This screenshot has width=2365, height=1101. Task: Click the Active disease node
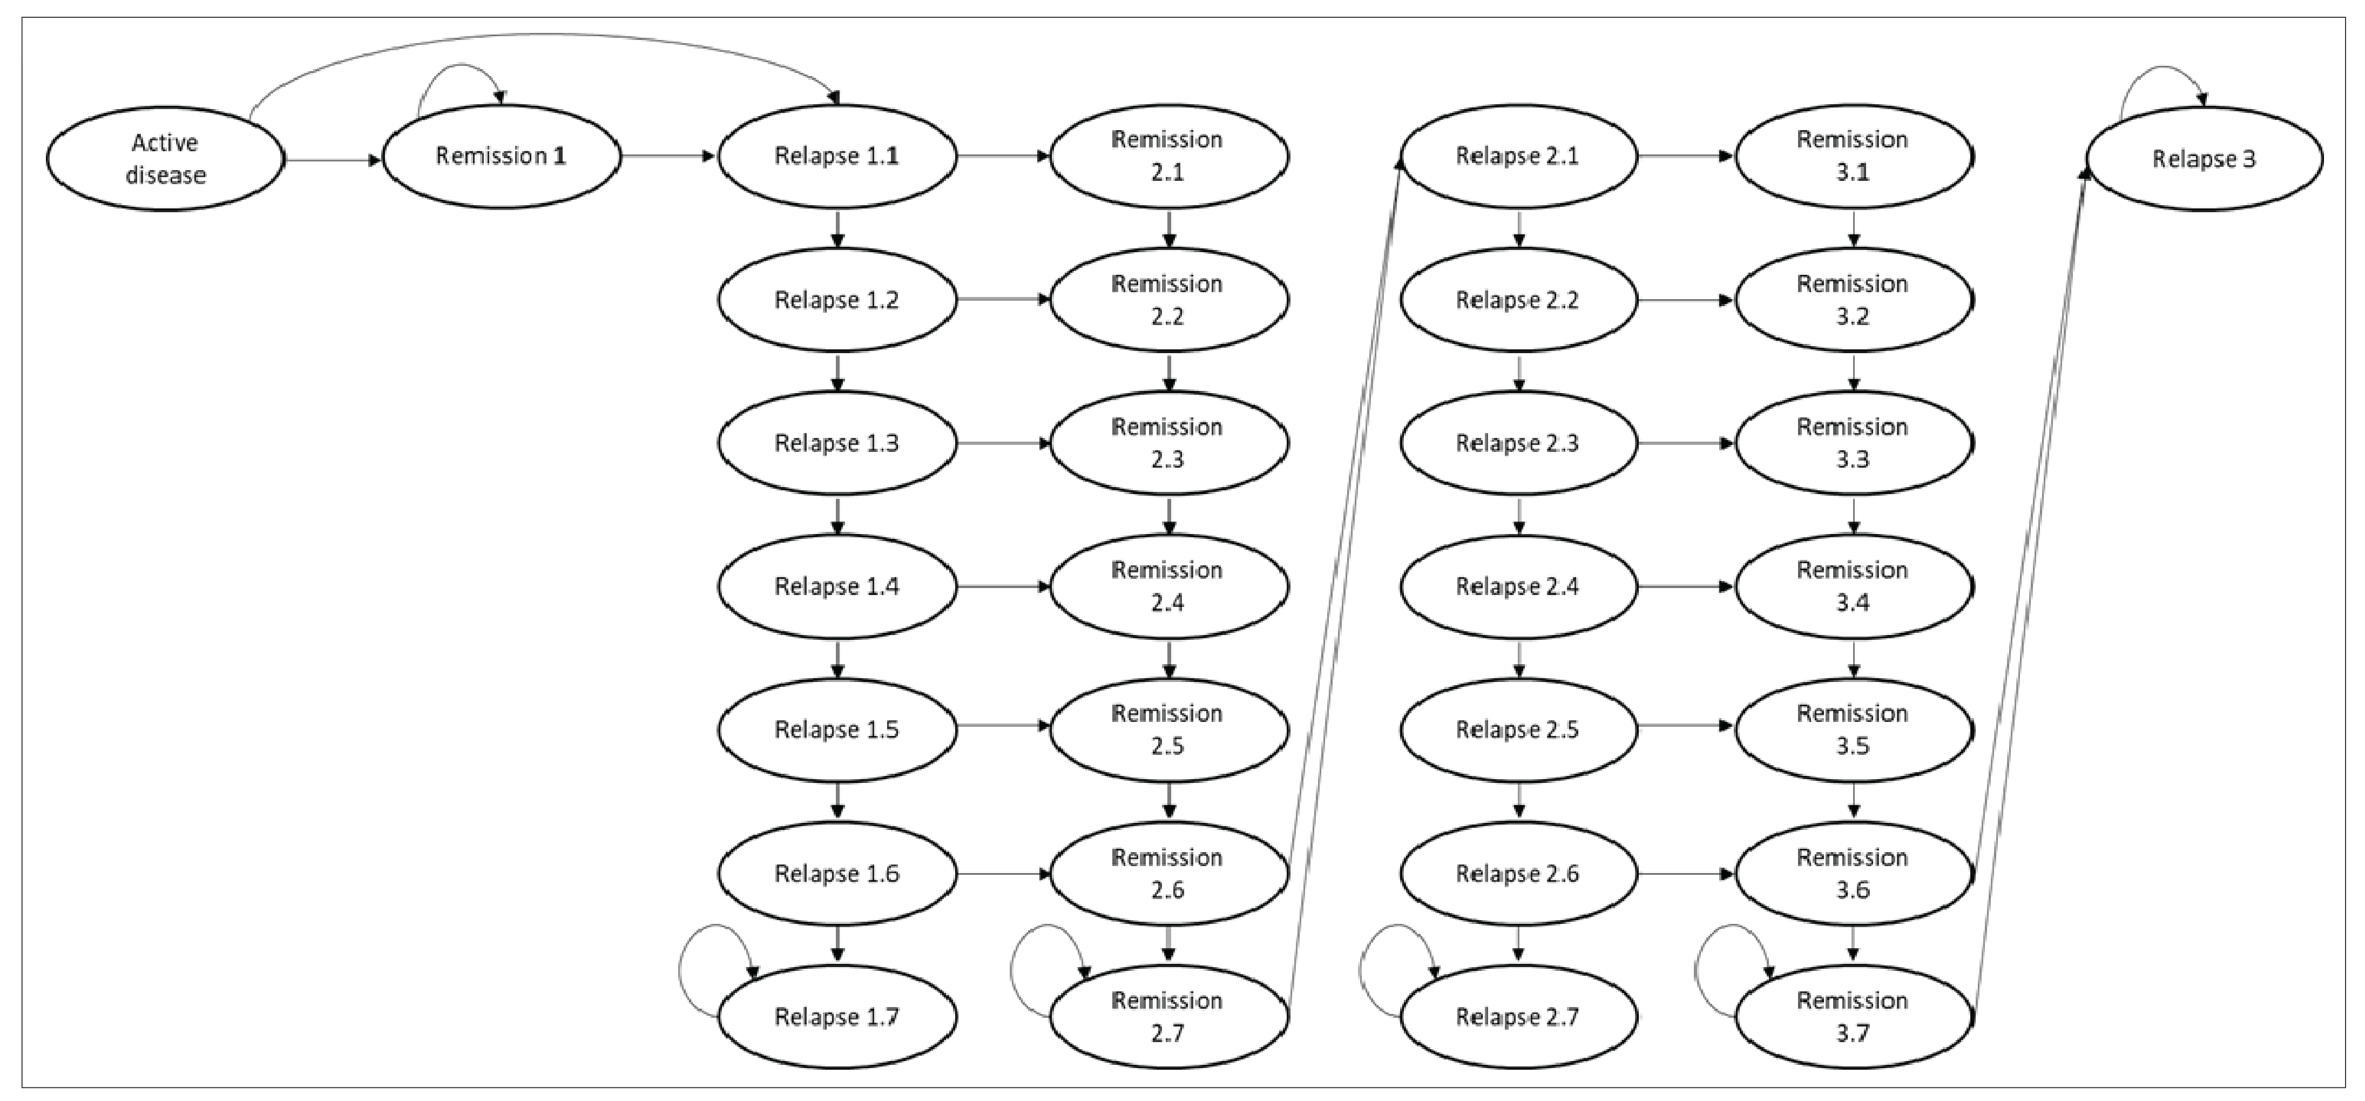coord(165,159)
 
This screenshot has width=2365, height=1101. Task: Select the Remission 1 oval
coord(501,156)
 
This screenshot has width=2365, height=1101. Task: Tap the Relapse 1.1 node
coord(836,156)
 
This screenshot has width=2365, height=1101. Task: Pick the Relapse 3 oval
coord(2204,159)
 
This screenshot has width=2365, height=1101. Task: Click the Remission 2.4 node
coord(1168,586)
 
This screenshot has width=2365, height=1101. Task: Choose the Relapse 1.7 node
coord(836,1017)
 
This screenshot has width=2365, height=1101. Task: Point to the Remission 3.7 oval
coord(1853,1017)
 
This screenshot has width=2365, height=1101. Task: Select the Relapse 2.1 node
coord(1518,156)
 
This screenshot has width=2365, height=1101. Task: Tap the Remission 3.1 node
coord(1853,156)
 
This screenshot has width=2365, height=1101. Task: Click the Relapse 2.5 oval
coord(1518,729)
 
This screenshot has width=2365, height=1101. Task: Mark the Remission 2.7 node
coord(1168,1017)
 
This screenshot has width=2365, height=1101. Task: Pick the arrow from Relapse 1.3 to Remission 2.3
coord(1003,443)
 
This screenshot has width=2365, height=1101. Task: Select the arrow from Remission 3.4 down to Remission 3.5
coord(1854,658)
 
